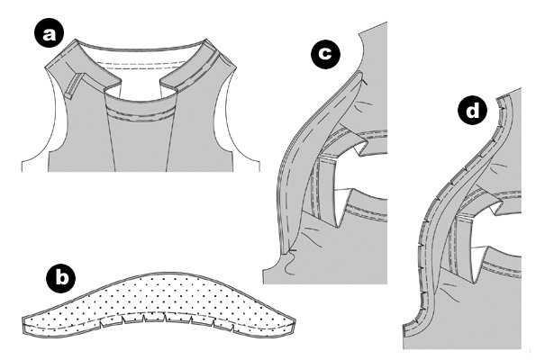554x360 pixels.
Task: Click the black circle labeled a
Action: pyautogui.click(x=50, y=34)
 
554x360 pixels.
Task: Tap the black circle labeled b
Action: pyautogui.click(x=60, y=278)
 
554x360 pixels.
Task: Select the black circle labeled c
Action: pyautogui.click(x=325, y=54)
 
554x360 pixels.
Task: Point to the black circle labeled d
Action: pyautogui.click(x=472, y=112)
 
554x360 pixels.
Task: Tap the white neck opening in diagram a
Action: pyautogui.click(x=140, y=76)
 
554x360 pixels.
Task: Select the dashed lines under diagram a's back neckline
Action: pyautogui.click(x=141, y=65)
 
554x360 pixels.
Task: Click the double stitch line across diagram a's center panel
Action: pyautogui.click(x=141, y=114)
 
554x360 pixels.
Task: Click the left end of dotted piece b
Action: pyautogui.click(x=24, y=325)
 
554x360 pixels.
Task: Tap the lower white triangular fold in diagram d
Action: pyautogui.click(x=477, y=259)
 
